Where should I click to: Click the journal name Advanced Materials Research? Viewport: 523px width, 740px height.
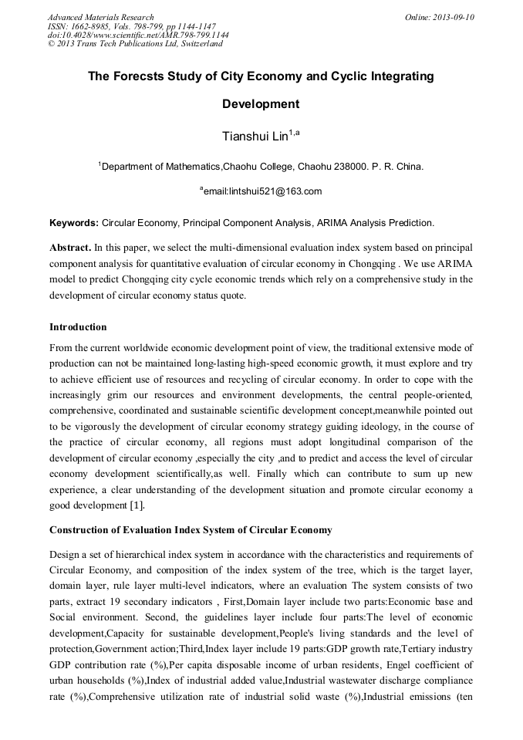point(100,17)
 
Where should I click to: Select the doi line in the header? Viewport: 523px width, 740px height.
point(138,35)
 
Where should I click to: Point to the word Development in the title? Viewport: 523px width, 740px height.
point(261,103)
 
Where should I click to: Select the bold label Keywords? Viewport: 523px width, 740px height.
point(73,223)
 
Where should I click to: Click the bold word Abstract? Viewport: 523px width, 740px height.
point(69,248)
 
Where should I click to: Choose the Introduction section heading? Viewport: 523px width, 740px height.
point(78,327)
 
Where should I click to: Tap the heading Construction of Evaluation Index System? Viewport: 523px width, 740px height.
point(191,530)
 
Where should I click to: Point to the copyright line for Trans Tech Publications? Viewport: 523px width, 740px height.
point(135,44)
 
